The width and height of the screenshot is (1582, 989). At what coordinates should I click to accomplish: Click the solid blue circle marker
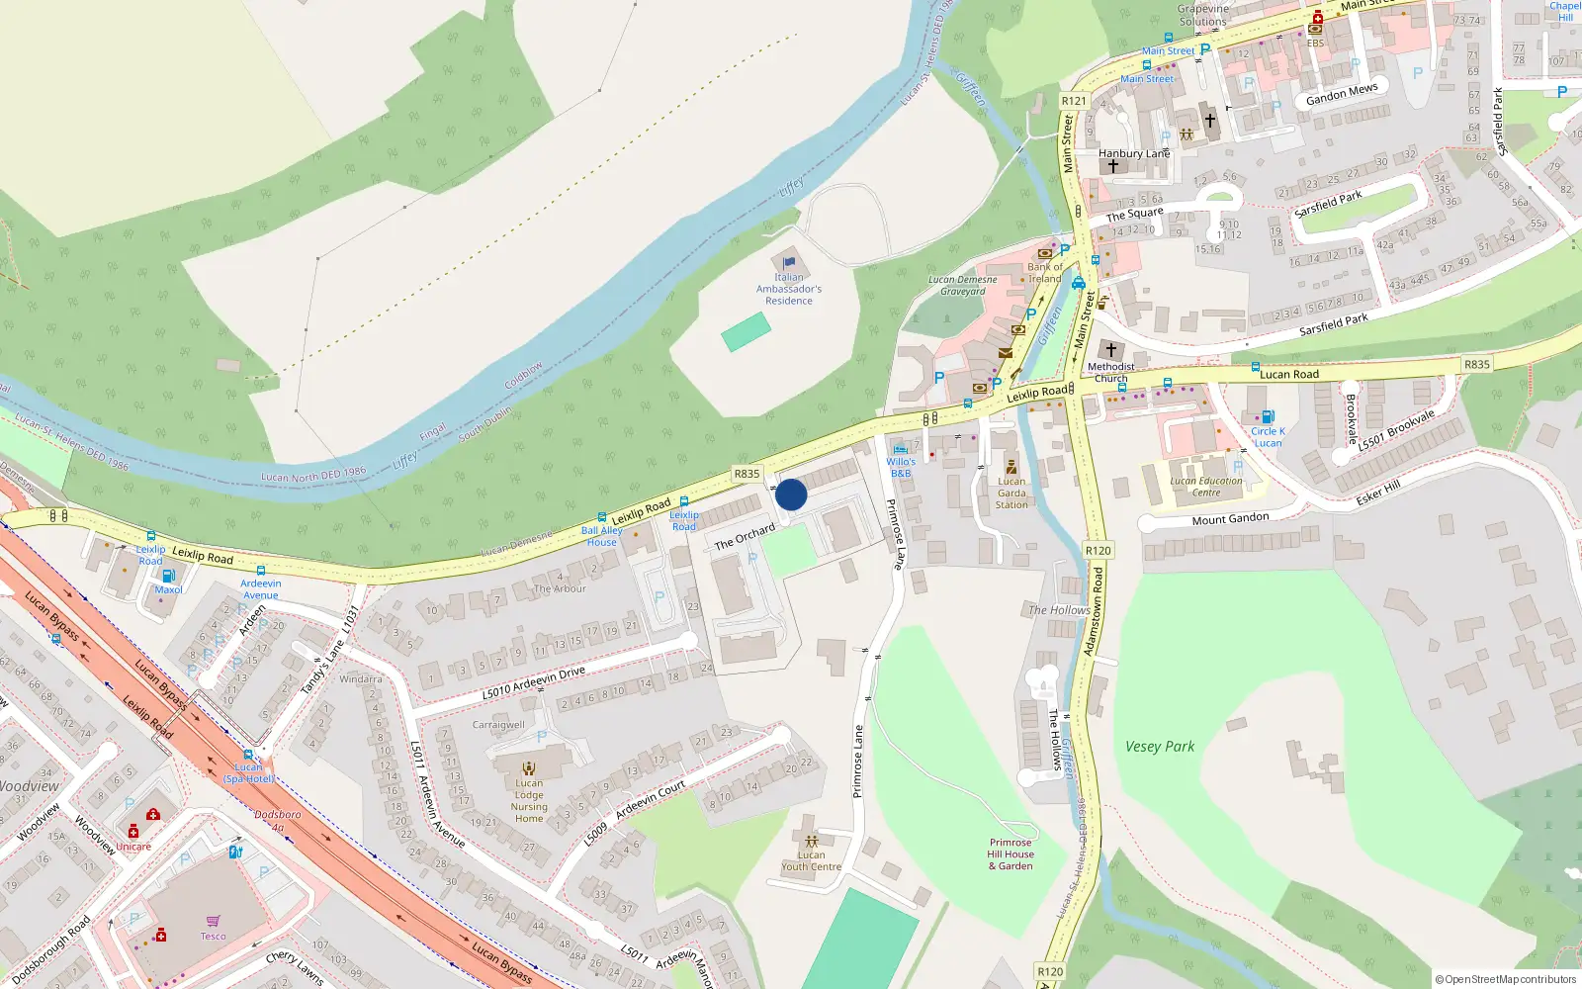click(791, 494)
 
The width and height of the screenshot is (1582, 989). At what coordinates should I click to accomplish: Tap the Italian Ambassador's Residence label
click(789, 289)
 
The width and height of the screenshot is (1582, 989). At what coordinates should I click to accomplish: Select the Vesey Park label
click(1160, 747)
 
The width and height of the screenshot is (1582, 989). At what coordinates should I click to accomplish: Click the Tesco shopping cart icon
click(213, 921)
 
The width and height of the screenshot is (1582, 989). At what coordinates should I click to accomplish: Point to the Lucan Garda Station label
click(1011, 493)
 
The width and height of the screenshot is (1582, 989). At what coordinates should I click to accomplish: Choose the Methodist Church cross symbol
click(1111, 350)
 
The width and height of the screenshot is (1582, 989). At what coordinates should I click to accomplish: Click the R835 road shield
click(747, 474)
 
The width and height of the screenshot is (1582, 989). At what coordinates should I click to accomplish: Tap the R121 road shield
click(1074, 101)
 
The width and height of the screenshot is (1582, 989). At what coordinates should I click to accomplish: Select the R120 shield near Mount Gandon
click(1098, 551)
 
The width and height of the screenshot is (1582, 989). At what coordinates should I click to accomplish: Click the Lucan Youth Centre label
click(811, 860)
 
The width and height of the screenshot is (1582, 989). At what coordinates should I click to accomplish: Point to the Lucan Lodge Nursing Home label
click(529, 800)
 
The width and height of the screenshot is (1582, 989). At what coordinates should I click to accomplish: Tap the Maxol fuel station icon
click(168, 576)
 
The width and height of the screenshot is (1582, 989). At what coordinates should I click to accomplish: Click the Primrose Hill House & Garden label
click(1011, 854)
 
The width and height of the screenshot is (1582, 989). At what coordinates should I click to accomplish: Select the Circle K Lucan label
click(1268, 437)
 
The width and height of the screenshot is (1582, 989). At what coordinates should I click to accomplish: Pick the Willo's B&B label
click(901, 467)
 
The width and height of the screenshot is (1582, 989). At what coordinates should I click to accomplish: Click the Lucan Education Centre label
click(1206, 487)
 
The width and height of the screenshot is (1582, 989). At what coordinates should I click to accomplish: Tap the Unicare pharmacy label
click(133, 847)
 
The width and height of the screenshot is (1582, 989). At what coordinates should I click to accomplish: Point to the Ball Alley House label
click(601, 536)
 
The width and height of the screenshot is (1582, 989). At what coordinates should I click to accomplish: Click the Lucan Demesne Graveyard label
click(963, 285)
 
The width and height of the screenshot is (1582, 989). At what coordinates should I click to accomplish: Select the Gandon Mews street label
click(1342, 94)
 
